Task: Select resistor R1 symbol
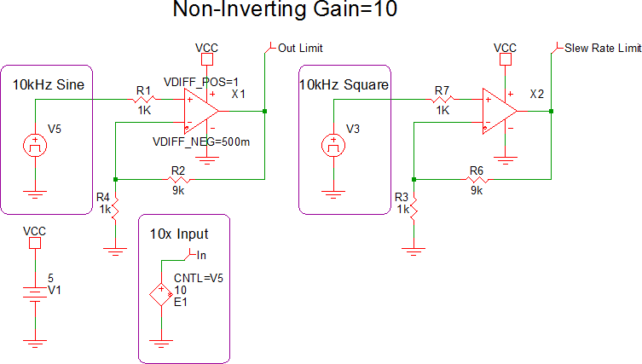(x=143, y=99)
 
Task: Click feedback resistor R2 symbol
(x=178, y=179)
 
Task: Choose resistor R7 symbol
(x=442, y=99)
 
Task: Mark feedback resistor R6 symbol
(x=476, y=179)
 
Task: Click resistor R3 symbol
(x=413, y=207)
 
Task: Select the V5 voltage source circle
(x=34, y=143)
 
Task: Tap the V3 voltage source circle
(x=333, y=143)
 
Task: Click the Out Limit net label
(x=300, y=49)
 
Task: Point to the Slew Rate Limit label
(x=602, y=49)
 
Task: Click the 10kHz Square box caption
(x=344, y=84)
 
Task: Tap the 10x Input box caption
(x=179, y=234)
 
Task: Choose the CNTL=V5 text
(x=199, y=278)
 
